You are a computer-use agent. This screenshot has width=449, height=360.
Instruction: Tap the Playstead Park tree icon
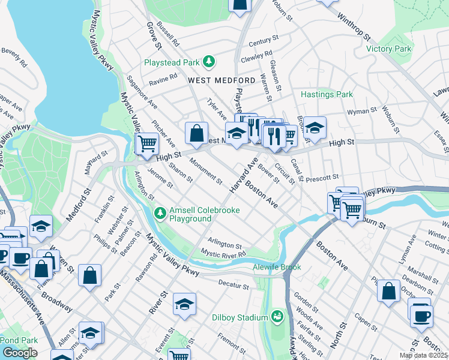pyautogui.click(x=209, y=62)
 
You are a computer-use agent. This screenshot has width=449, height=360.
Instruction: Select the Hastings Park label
pyautogui.click(x=327, y=94)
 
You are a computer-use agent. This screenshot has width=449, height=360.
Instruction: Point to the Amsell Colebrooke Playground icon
pyautogui.click(x=160, y=213)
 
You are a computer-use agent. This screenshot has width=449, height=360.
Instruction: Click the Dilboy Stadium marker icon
pyautogui.click(x=277, y=316)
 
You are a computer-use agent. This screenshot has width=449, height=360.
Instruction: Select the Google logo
pyautogui.click(x=20, y=353)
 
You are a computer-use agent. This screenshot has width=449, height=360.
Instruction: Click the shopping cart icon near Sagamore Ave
pyautogui.click(x=147, y=143)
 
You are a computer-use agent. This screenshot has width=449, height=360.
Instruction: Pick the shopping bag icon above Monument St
pyautogui.click(x=196, y=134)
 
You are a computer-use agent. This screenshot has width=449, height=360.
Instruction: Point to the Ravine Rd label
pyautogui.click(x=163, y=79)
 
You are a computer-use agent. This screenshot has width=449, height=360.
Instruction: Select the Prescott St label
pyautogui.click(x=322, y=178)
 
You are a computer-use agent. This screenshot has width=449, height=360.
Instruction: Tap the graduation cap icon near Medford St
pyautogui.click(x=41, y=226)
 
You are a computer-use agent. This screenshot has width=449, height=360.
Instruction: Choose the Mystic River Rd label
pyautogui.click(x=224, y=254)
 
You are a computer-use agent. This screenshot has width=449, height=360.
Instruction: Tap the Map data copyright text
pyautogui.click(x=424, y=355)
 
